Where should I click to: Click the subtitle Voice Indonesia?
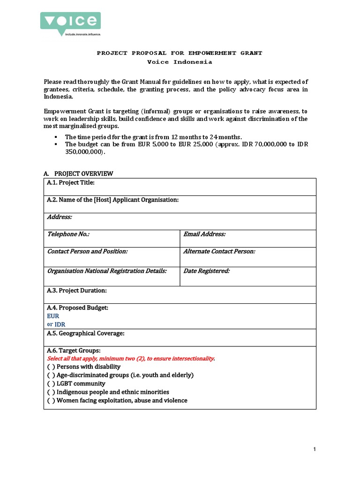point(180,62)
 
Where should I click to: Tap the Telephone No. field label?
point(68,234)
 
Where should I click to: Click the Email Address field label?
point(204,234)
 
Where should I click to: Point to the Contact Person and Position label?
point(87,251)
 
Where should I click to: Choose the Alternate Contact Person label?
point(219,251)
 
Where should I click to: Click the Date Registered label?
point(206,271)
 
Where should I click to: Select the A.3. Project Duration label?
point(77,291)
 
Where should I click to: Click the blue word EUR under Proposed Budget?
point(53,316)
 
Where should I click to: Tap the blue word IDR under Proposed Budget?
point(60,324)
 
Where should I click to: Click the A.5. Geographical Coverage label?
point(85,333)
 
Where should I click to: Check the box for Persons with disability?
point(51,367)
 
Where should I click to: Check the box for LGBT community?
point(51,383)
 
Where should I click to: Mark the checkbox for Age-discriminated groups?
point(51,375)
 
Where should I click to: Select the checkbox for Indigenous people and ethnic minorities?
point(51,392)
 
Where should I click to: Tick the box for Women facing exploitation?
point(51,400)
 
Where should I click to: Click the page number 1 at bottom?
point(315,450)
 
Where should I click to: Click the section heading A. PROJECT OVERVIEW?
point(78,173)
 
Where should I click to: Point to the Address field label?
point(60,217)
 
